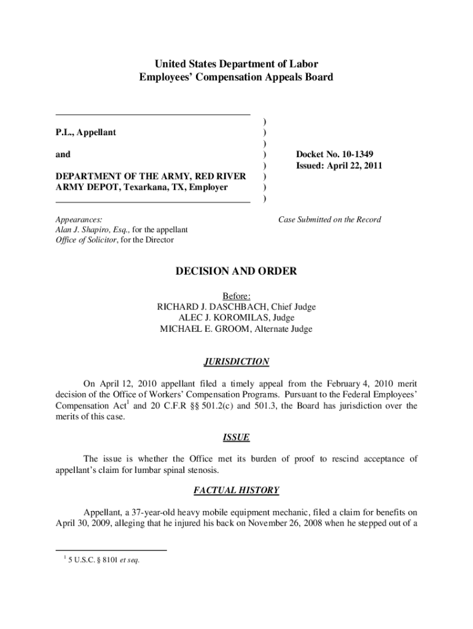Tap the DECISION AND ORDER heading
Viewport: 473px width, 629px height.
[237, 271]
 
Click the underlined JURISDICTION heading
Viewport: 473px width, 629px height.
[237, 362]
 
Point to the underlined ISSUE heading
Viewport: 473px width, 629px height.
[237, 437]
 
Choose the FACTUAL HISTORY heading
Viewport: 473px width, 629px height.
[237, 490]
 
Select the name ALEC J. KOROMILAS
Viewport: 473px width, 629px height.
[221, 318]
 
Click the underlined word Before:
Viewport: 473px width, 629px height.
[237, 296]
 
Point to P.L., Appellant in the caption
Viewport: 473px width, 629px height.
[86, 132]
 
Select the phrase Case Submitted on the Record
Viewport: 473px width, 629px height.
[329, 219]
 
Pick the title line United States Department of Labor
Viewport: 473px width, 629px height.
[237, 64]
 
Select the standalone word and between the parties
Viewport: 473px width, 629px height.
[63, 154]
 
